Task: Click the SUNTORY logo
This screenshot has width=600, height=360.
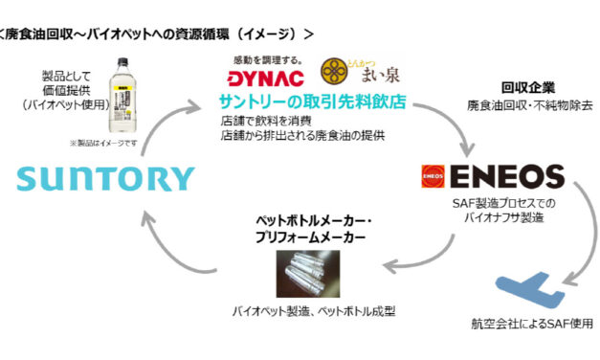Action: tap(104, 178)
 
